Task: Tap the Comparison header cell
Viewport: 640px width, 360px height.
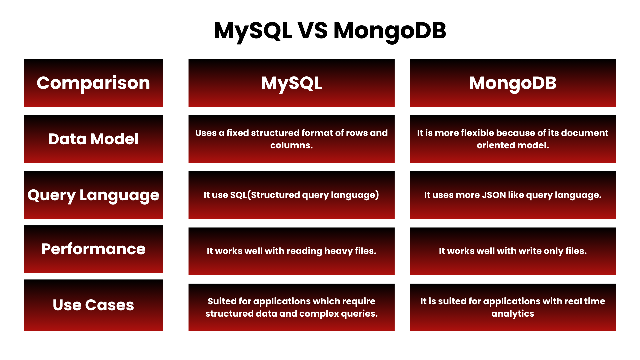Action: pos(93,83)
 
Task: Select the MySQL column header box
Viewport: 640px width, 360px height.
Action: pos(291,83)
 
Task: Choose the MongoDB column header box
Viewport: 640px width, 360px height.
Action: pos(513,83)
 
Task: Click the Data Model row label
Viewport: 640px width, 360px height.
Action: pos(93,139)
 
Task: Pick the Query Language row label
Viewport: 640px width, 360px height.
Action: pos(93,195)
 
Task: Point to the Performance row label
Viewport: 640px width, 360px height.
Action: pos(93,249)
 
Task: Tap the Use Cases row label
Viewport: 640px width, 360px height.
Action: pos(93,305)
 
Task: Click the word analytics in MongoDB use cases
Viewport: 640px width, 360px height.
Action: pos(513,314)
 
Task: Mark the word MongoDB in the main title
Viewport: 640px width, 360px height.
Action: pos(390,31)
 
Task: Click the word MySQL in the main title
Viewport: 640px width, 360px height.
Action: pos(253,31)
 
